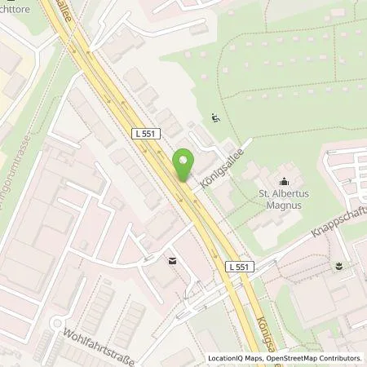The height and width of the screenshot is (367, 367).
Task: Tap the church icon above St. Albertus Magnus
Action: tap(284, 181)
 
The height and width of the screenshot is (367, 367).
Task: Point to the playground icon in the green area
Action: tap(215, 118)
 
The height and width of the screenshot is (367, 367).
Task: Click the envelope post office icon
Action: tap(172, 261)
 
